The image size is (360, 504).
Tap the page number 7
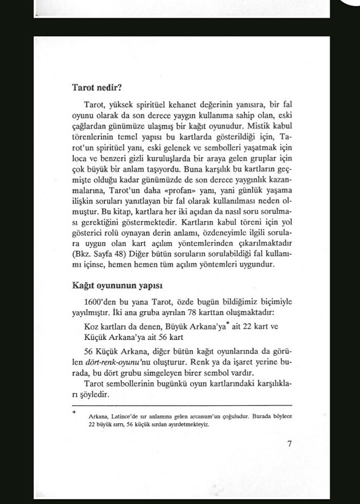point(290,444)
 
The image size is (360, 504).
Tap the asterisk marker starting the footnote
point(74,411)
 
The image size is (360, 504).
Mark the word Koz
point(91,327)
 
